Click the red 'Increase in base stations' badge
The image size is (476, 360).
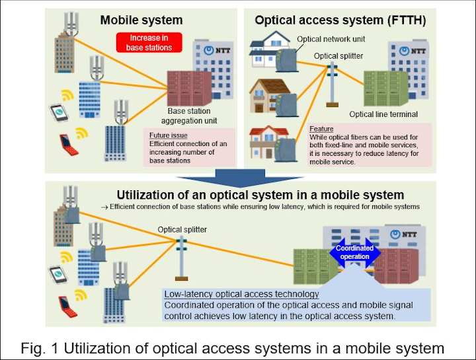click(149, 42)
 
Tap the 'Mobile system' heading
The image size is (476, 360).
click(141, 20)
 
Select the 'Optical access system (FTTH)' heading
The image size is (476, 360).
click(340, 20)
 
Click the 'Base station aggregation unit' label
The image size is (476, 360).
click(189, 116)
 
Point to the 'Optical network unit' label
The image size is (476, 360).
click(331, 39)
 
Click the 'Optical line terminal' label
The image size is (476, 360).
click(383, 114)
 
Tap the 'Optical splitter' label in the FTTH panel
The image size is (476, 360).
click(338, 56)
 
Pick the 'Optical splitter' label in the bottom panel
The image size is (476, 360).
click(182, 230)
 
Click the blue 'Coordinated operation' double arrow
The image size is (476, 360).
click(354, 252)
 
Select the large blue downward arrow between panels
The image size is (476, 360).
click(240, 178)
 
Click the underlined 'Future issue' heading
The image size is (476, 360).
click(168, 135)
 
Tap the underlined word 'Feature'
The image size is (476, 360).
click(321, 129)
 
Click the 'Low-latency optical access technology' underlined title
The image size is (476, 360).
click(242, 294)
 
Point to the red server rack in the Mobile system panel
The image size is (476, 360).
click(189, 88)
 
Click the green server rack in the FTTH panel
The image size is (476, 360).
click(385, 88)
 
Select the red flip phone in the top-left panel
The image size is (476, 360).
click(69, 145)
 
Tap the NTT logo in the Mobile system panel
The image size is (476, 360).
click(217, 50)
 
